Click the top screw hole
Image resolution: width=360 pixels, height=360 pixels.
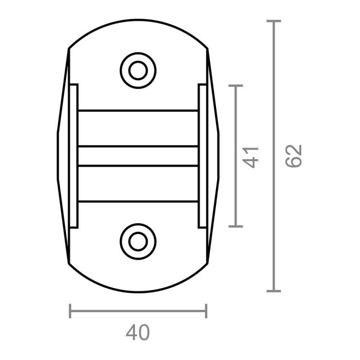coord(138,70)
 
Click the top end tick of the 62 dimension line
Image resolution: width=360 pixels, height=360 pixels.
coord(274,21)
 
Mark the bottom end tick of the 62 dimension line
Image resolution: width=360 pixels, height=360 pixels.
coord(274,291)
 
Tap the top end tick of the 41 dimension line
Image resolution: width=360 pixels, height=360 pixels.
coord(235,86)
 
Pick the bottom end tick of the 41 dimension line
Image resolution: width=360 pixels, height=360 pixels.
coord(235,226)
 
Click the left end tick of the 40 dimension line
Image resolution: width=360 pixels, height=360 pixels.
coord(70,311)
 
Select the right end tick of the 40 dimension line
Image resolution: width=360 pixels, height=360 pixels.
coord(206,311)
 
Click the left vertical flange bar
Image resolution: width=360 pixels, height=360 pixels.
coord(74,156)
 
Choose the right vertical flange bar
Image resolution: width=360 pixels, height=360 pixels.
coord(202,156)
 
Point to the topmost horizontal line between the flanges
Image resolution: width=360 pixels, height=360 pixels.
coord(138,110)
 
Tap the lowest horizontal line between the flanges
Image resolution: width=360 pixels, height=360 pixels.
coord(138,201)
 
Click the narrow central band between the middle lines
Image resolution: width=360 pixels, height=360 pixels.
coord(138,156)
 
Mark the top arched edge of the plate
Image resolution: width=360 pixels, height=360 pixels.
coord(138,20)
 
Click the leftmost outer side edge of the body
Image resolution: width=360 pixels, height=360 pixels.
coord(57,156)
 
